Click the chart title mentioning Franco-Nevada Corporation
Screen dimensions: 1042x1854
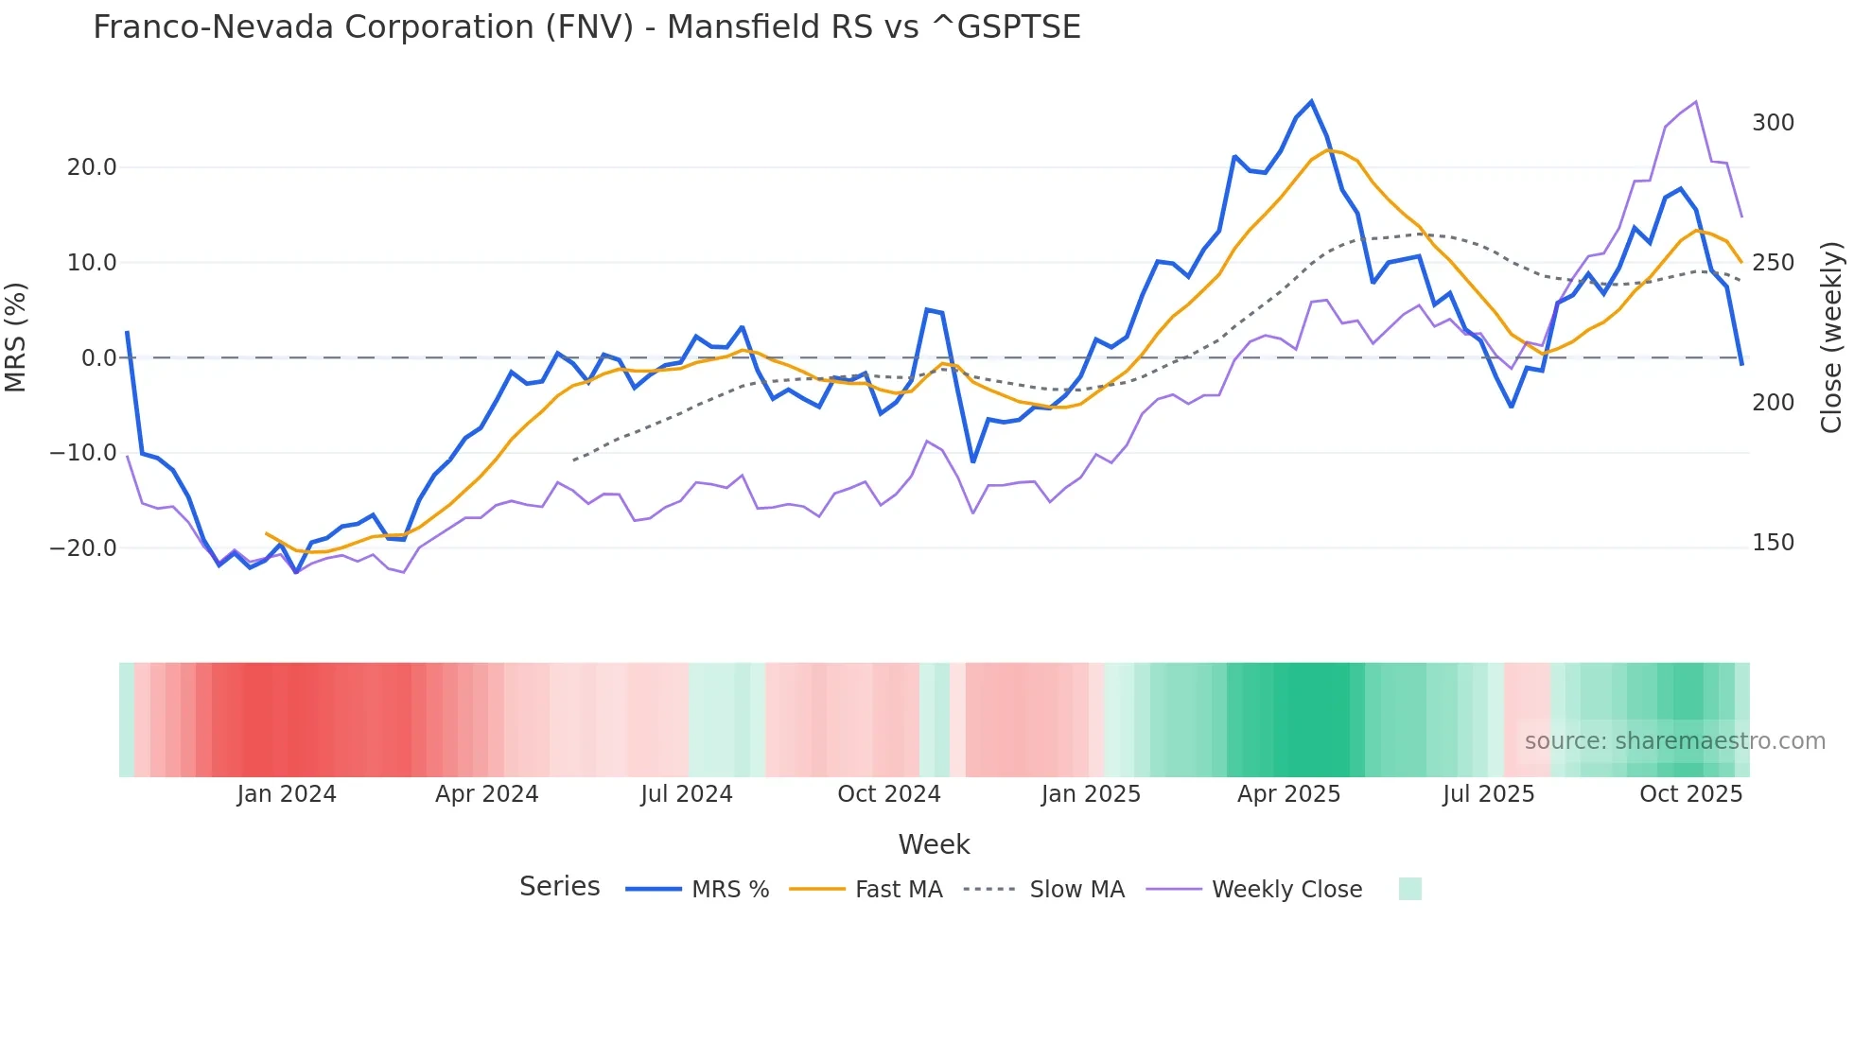pos(586,27)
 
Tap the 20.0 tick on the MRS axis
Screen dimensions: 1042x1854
pos(92,167)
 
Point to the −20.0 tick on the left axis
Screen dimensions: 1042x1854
pos(83,548)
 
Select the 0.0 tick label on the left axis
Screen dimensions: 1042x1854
pos(98,358)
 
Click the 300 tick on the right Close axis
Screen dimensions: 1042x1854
pos(1773,123)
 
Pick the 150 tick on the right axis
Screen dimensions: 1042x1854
pos(1773,543)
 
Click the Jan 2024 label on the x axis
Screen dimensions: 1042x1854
pos(287,794)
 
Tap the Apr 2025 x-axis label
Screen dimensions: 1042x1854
pos(1288,794)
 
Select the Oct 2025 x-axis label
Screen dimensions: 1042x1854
pos(1690,794)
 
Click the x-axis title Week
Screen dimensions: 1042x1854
pos(934,844)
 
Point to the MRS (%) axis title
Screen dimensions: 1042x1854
pos(16,337)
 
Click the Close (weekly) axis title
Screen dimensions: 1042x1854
pos(1831,337)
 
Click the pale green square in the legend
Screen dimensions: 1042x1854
pos(1409,889)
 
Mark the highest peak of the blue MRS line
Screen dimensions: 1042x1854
pos(1311,101)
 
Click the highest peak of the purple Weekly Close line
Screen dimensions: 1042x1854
pos(1696,101)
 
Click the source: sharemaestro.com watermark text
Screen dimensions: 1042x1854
pos(1674,741)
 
